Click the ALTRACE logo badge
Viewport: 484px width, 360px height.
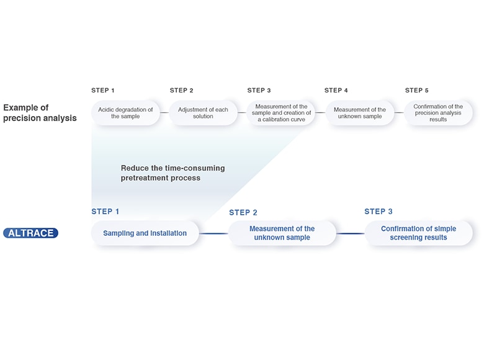[30, 233]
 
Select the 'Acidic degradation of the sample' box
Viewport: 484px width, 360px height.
[125, 113]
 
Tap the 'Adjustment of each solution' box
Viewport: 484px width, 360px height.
[203, 113]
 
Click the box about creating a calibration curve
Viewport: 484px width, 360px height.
[281, 113]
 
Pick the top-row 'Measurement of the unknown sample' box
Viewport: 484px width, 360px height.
[359, 113]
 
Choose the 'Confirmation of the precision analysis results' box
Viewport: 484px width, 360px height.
[438, 113]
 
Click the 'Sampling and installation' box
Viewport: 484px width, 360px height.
[145, 233]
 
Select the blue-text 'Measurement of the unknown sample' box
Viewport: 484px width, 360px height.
[282, 233]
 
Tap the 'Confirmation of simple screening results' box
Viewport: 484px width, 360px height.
[418, 233]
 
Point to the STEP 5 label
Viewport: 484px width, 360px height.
[417, 91]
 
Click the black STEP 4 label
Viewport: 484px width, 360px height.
[336, 91]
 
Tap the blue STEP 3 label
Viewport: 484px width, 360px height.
[379, 212]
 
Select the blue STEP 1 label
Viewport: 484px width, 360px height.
[105, 212]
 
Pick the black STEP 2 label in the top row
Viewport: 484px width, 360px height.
[182, 91]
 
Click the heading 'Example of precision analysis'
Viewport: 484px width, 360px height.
[40, 113]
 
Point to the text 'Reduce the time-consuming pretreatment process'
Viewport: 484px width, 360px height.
[173, 173]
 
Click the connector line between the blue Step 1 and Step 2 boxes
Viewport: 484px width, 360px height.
[214, 233]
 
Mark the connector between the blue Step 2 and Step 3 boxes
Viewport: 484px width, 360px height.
[351, 233]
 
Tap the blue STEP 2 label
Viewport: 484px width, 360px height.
[243, 213]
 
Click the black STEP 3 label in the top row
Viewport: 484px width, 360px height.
[259, 91]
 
